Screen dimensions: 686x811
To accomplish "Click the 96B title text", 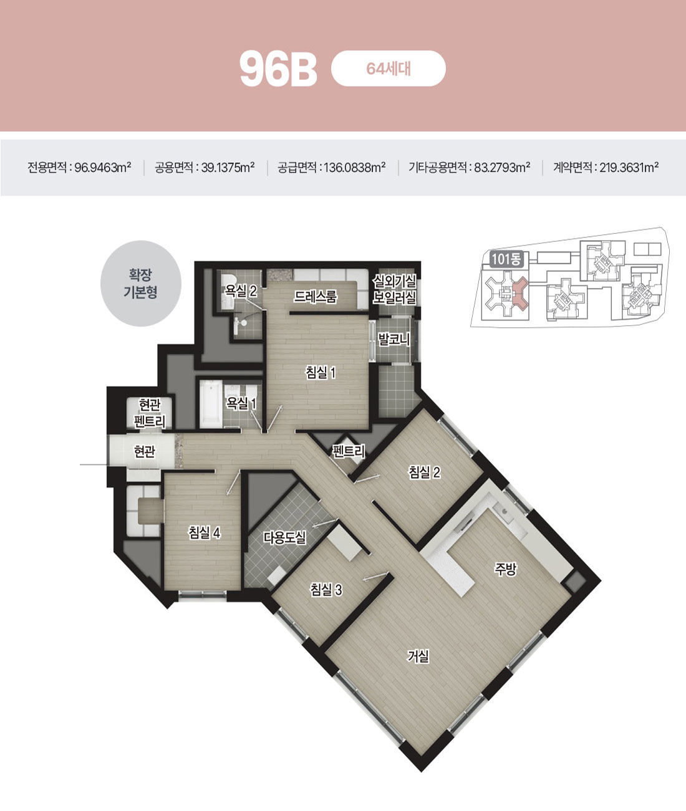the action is (x=278, y=69).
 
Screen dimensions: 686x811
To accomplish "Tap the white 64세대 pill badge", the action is (x=388, y=69).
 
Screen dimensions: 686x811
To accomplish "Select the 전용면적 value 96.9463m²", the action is (x=103, y=168).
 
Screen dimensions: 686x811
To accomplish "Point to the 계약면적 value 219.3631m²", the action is (x=629, y=168).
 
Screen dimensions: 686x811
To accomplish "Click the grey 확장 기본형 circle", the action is (x=140, y=283).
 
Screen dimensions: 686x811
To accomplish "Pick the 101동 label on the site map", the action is (x=506, y=259).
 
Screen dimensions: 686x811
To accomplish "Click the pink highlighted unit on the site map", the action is (x=520, y=292).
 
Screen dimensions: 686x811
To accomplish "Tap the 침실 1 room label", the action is (x=321, y=372).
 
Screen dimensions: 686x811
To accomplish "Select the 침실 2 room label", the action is (x=424, y=472).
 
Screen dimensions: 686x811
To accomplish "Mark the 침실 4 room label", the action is (x=205, y=532).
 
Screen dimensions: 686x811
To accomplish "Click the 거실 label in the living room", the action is (x=418, y=656).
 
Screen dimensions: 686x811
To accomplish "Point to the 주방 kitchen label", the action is (x=506, y=569).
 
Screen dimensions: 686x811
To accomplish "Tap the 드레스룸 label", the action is (x=316, y=297).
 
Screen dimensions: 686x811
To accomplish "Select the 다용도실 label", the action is (x=284, y=537).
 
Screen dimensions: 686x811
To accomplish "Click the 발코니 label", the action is (x=394, y=339).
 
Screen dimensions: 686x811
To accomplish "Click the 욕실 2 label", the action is (x=241, y=290).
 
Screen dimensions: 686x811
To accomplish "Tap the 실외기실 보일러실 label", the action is (x=394, y=290).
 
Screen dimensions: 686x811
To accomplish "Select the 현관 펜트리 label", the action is (x=150, y=413).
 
